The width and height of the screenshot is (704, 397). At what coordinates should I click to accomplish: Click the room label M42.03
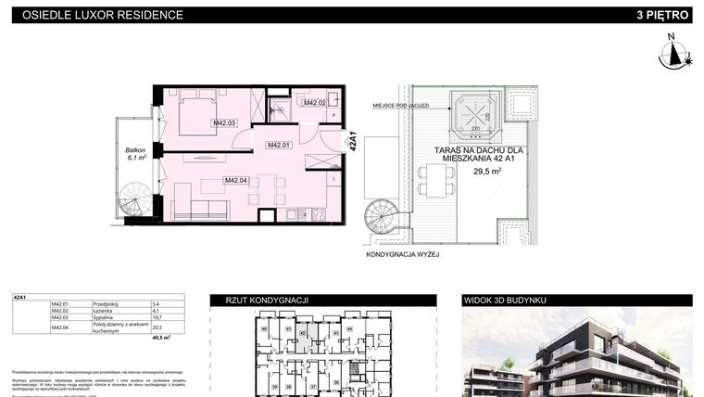[225, 122]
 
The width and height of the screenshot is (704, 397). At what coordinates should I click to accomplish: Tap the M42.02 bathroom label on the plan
[316, 103]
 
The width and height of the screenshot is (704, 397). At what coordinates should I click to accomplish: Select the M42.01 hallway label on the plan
[279, 145]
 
